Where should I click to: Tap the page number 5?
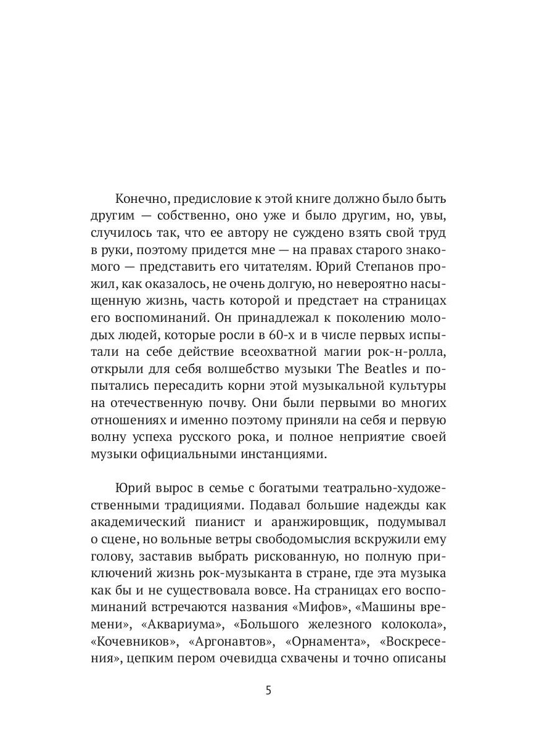click(x=268, y=689)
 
